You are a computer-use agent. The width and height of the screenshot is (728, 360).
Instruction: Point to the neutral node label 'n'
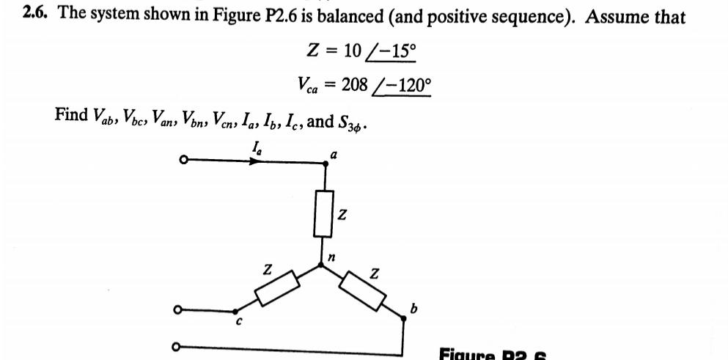coord(331,257)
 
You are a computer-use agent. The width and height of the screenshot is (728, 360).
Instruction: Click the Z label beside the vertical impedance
coord(342,216)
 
